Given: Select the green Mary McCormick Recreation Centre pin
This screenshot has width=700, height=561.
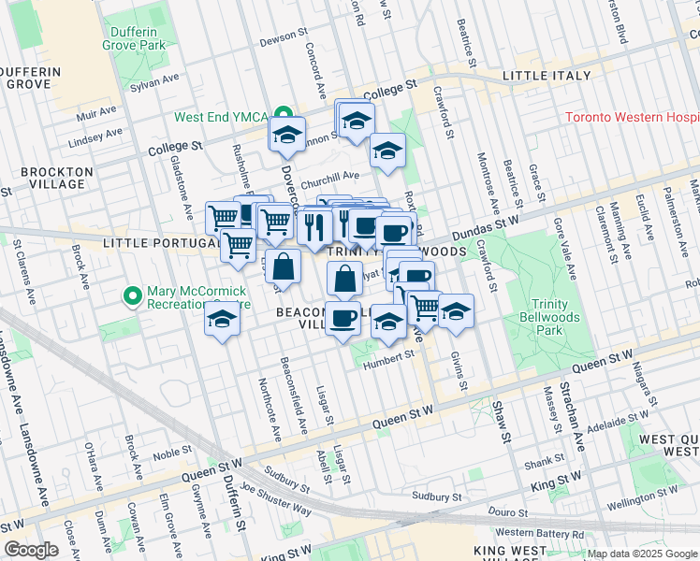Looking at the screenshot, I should click(x=133, y=296).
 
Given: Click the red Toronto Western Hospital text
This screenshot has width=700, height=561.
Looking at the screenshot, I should click(x=633, y=118).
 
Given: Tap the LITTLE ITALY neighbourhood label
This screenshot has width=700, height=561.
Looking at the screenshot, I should click(x=547, y=76).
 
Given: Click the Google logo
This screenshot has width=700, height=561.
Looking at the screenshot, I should click(x=31, y=550).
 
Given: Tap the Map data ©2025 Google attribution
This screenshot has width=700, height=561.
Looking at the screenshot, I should click(x=641, y=554).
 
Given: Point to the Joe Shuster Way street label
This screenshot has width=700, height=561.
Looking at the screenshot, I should click(x=275, y=499).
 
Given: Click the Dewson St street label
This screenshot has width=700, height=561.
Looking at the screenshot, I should click(x=284, y=36).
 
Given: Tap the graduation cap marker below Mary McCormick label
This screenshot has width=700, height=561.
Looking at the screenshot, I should click(x=222, y=320).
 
